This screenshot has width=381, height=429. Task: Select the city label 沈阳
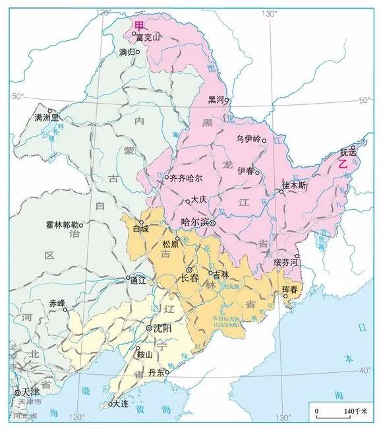(x=162, y=328)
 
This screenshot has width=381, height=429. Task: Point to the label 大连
(x=121, y=403)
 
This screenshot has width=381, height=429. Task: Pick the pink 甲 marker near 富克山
(x=138, y=25)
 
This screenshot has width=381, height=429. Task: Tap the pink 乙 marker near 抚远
(x=342, y=165)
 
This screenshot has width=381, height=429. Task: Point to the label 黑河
(x=216, y=100)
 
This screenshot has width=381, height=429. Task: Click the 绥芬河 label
(x=287, y=263)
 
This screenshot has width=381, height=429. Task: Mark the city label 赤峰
(x=57, y=304)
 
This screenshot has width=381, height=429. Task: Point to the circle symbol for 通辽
(x=129, y=278)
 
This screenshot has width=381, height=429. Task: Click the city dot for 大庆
(x=189, y=201)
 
